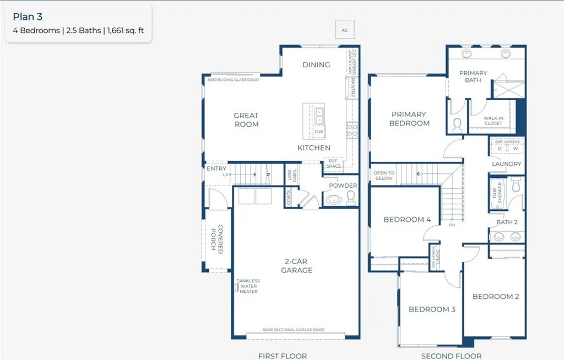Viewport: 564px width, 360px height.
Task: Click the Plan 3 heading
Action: click(x=28, y=17)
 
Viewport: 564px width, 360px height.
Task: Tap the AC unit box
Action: click(x=345, y=30)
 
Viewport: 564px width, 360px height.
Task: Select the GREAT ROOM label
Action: click(x=246, y=120)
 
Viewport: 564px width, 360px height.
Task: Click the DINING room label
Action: click(x=316, y=65)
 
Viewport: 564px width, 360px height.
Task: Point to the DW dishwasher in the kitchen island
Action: click(x=319, y=132)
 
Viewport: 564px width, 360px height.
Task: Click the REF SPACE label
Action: click(x=334, y=163)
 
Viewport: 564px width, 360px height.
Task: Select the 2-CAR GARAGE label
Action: click(x=297, y=266)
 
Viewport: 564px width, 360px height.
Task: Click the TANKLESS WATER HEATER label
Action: click(x=248, y=286)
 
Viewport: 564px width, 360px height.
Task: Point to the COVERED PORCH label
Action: click(x=217, y=237)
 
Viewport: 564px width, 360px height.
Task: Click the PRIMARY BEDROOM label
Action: click(x=409, y=119)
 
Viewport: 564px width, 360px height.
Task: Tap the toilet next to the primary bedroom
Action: click(x=458, y=126)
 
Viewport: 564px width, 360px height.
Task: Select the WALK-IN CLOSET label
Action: click(x=493, y=121)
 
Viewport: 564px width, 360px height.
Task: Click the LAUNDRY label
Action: click(x=506, y=164)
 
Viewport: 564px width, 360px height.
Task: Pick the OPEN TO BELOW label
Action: click(x=384, y=175)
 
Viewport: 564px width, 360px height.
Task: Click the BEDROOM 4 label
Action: click(x=408, y=220)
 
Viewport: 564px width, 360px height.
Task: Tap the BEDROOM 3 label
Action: click(x=432, y=309)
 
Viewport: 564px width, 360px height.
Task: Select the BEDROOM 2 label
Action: click(x=496, y=297)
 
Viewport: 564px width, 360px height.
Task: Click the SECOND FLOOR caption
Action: click(x=451, y=356)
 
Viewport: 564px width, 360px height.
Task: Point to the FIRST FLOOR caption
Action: click(x=283, y=356)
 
